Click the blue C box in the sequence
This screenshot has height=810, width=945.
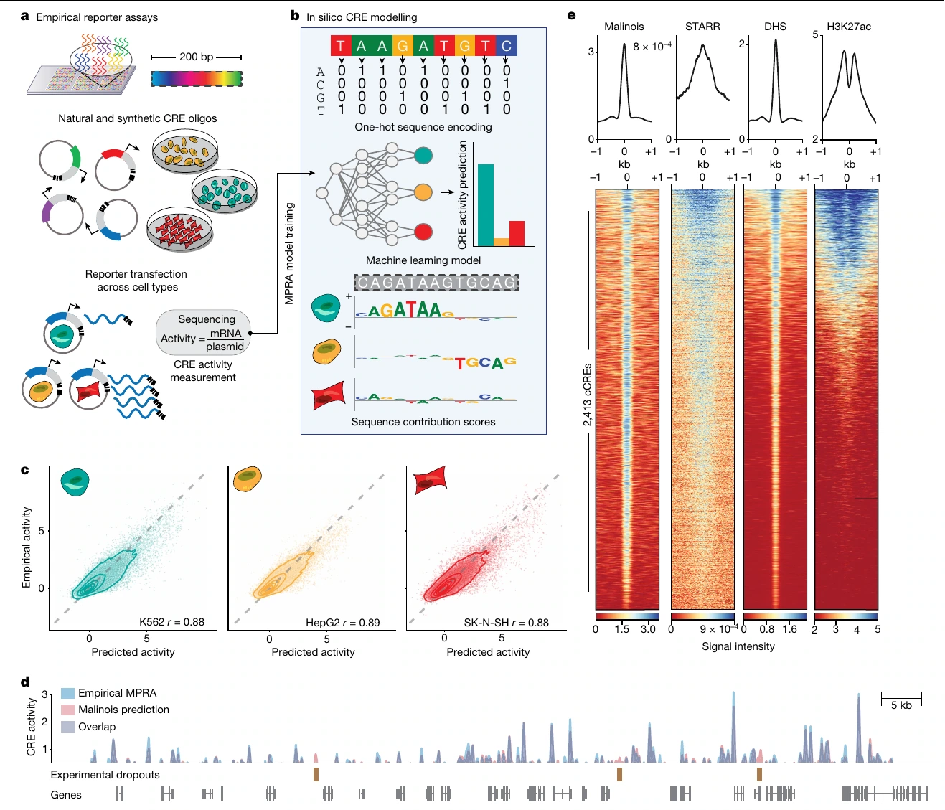pos(506,46)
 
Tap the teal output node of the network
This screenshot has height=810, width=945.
pos(423,156)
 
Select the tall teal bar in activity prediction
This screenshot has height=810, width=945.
pos(486,204)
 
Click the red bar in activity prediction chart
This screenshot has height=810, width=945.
pos(517,234)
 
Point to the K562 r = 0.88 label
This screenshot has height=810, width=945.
pos(171,622)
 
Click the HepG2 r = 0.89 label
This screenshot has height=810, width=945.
pos(342,623)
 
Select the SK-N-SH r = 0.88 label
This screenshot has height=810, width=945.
pos(506,623)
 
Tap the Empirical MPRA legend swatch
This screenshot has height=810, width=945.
pos(67,693)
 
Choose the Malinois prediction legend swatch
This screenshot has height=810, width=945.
pos(67,710)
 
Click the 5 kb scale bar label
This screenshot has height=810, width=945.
pos(901,705)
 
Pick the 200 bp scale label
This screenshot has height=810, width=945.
pos(196,57)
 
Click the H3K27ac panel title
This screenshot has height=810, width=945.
pos(849,27)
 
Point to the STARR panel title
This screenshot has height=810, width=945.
pos(702,27)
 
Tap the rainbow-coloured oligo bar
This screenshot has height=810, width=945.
pos(197,79)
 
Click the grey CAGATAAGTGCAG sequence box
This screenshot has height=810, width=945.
pos(436,283)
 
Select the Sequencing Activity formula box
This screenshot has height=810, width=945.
pos(203,333)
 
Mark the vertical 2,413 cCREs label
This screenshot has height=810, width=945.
pos(587,395)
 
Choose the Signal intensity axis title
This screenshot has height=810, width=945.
pos(738,646)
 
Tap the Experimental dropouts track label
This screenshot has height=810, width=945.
pos(105,775)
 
